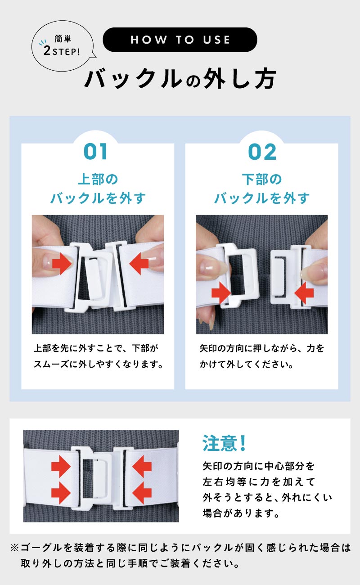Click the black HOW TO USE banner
(x=180, y=40)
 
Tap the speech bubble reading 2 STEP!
(x=63, y=46)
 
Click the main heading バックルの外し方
(x=180, y=79)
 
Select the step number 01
(x=95, y=152)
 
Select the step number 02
(x=262, y=152)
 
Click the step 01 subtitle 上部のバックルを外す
(x=98, y=189)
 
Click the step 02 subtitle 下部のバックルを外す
(x=262, y=189)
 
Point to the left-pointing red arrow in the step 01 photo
(x=139, y=263)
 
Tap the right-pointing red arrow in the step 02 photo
(x=221, y=293)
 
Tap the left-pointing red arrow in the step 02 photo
(x=304, y=293)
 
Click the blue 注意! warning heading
(x=224, y=443)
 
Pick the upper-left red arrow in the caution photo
(x=61, y=467)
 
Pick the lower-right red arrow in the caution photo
(x=142, y=493)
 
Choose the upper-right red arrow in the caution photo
(x=142, y=467)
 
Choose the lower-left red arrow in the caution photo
(x=61, y=493)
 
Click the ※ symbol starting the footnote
(x=15, y=548)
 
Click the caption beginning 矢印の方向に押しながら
(x=262, y=356)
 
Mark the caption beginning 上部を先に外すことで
(x=98, y=356)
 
